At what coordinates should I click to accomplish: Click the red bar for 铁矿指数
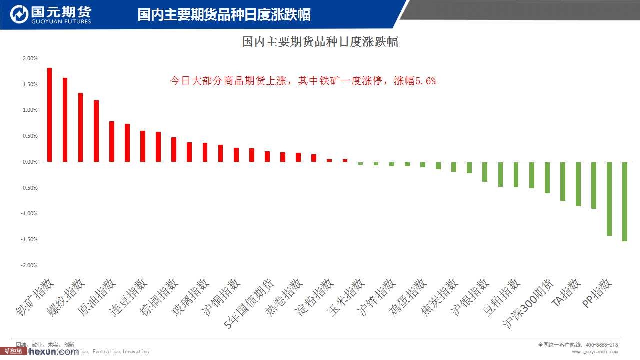pyautogui.click(x=49, y=115)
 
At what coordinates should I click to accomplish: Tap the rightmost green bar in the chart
pyautogui.click(x=625, y=201)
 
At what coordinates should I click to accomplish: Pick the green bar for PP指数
pyautogui.click(x=609, y=198)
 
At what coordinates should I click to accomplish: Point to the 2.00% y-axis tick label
pyautogui.click(x=30, y=58)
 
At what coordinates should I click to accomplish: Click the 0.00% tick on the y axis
pyautogui.click(x=30, y=162)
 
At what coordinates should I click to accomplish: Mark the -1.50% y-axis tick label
pyautogui.click(x=29, y=239)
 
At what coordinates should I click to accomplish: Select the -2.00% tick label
pyautogui.click(x=29, y=265)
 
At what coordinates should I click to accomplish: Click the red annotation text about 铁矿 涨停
pyautogui.click(x=303, y=81)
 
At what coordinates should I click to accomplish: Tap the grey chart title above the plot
pyautogui.click(x=320, y=42)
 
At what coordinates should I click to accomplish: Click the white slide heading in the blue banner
pyautogui.click(x=224, y=14)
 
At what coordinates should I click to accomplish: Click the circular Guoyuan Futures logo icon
pyautogui.click(x=19, y=14)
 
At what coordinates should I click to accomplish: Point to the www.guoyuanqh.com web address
pyautogui.click(x=595, y=352)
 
